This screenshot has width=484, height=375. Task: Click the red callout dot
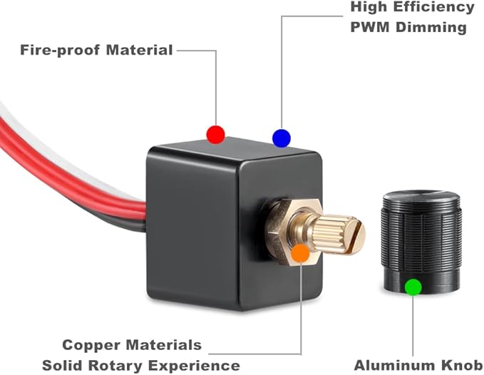215,135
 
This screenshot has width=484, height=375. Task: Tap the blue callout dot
282,138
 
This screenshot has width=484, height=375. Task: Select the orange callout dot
301,253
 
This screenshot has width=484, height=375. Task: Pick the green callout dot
413,287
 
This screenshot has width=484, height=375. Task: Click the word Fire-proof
60,50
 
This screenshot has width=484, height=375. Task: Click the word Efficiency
434,7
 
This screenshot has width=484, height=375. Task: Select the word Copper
91,346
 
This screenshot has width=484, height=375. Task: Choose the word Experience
194,366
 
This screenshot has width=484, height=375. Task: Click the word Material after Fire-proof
139,50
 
